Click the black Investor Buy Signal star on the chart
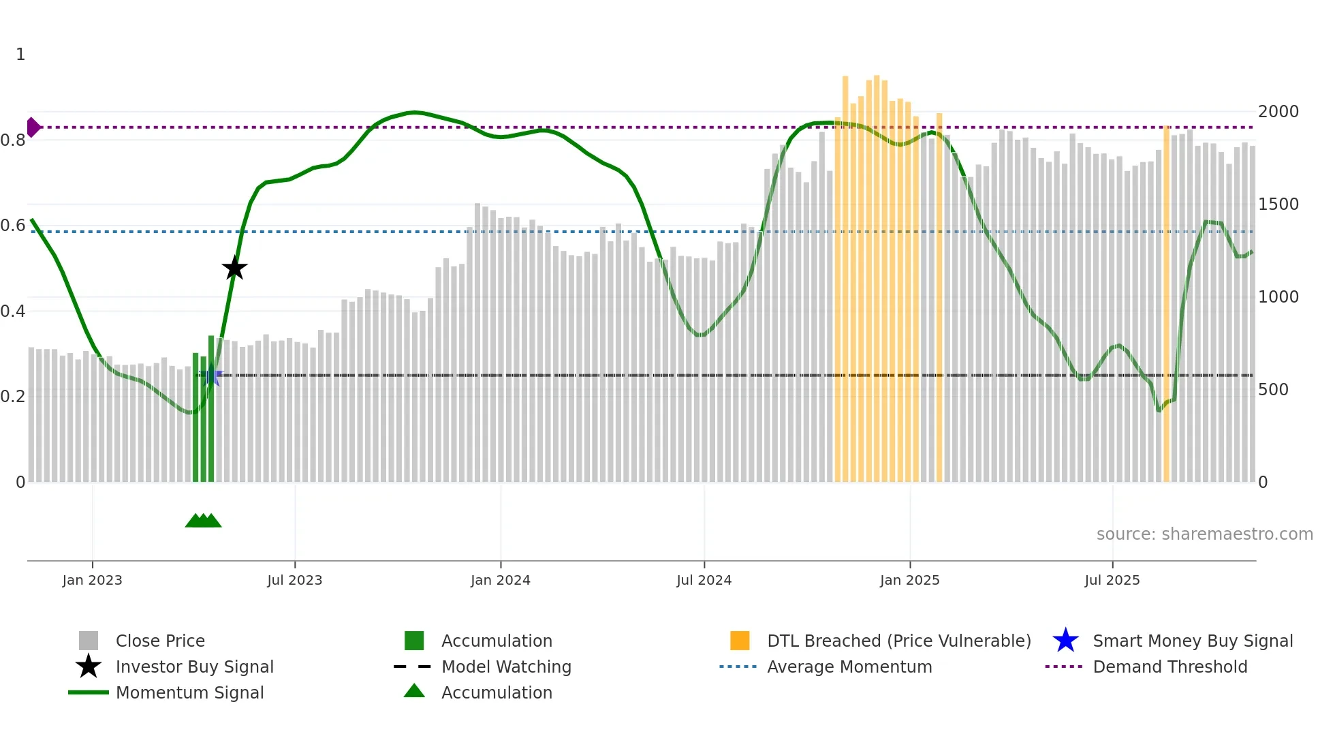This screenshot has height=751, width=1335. click(234, 268)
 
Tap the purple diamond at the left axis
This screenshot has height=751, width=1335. click(33, 127)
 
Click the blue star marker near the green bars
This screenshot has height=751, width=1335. click(212, 375)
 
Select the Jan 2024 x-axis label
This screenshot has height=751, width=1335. click(500, 580)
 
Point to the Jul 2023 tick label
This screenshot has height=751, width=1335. click(294, 580)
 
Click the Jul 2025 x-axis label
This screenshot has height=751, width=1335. click(1112, 580)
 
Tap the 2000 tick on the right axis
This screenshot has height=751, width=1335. click(1278, 112)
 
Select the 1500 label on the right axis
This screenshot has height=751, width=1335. click(1278, 204)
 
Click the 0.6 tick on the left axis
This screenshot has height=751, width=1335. click(14, 226)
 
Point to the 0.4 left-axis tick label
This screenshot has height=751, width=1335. click(14, 311)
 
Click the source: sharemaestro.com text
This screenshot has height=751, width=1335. click(1204, 534)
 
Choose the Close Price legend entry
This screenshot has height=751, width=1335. click(159, 641)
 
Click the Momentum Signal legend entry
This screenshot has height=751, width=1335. click(189, 692)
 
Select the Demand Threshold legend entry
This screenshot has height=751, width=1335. click(1169, 666)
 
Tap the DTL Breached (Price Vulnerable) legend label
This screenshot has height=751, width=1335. click(898, 641)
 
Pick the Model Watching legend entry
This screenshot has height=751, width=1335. click(505, 666)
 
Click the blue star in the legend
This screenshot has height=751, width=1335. click(1065, 641)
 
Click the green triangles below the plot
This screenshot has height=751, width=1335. click(203, 521)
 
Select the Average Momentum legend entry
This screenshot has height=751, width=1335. click(849, 666)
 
